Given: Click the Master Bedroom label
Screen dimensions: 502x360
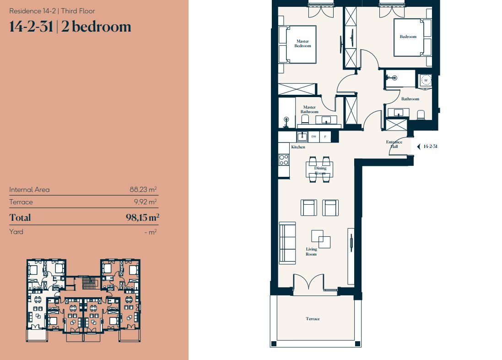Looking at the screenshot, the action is (x=302, y=43).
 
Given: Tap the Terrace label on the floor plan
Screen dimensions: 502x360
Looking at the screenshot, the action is (x=313, y=319).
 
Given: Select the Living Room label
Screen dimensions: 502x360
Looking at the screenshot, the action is (x=311, y=251).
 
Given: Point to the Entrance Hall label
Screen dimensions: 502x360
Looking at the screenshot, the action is (x=394, y=144).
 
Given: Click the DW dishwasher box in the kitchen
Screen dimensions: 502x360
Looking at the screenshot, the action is (x=314, y=136).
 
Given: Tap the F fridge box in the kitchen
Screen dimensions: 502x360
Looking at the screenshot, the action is (x=325, y=136).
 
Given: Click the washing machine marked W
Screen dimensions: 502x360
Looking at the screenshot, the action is (x=426, y=80).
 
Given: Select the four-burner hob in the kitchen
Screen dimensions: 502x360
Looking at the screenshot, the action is (x=284, y=160).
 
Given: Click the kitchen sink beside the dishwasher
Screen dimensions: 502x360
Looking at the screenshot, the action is (x=302, y=136).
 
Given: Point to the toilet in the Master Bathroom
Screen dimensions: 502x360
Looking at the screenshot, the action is (x=305, y=120).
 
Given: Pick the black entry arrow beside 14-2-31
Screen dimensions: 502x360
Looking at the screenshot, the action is (x=418, y=147).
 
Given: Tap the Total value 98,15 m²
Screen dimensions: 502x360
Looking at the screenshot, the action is (x=142, y=218).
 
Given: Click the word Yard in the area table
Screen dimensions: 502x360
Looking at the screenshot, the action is (x=16, y=232).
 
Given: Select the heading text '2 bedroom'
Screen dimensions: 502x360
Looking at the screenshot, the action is (x=96, y=27).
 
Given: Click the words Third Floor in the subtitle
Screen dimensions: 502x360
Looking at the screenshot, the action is (x=78, y=11).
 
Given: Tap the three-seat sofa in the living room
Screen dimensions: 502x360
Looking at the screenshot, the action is (x=287, y=243).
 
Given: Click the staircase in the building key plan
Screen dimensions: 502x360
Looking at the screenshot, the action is (x=89, y=283).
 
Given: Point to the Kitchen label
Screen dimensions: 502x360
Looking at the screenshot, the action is (x=298, y=147).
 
